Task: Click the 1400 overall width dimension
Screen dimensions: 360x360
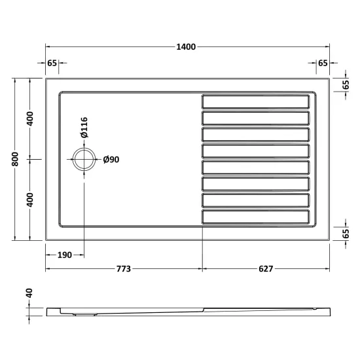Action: pos(186,47)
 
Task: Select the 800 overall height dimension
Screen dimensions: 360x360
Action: pos(15,159)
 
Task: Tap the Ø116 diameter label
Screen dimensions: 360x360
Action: pos(84,128)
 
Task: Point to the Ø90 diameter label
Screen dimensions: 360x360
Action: pos(111,159)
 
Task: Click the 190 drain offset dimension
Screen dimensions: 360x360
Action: pos(65,255)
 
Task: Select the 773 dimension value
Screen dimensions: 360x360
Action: pos(124,268)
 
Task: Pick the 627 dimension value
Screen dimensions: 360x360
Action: pos(266,268)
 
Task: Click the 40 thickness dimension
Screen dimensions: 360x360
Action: pos(29,293)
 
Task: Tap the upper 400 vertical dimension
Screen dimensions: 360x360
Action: pos(30,118)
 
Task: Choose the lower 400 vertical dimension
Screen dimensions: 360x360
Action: pos(30,200)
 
